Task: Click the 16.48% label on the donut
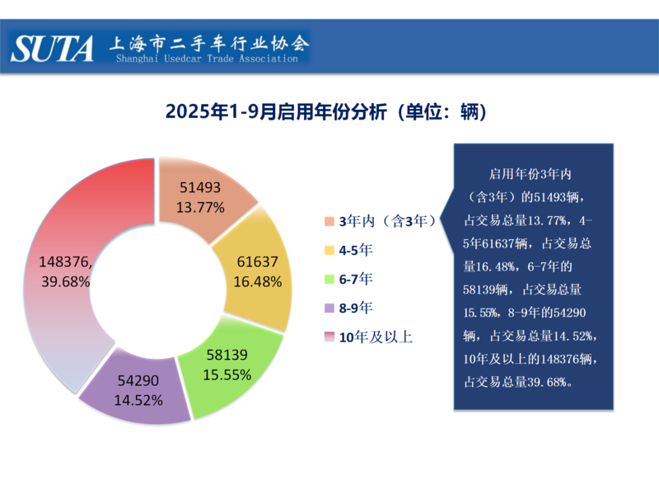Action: coord(258,281)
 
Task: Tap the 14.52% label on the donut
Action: coord(138,399)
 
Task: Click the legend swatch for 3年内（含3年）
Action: coord(329,221)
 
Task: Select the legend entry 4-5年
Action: coord(355,249)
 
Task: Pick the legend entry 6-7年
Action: coord(355,279)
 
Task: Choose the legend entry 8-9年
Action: coord(355,308)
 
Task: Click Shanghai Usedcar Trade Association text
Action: coord(206,59)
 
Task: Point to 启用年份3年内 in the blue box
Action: coord(530,175)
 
